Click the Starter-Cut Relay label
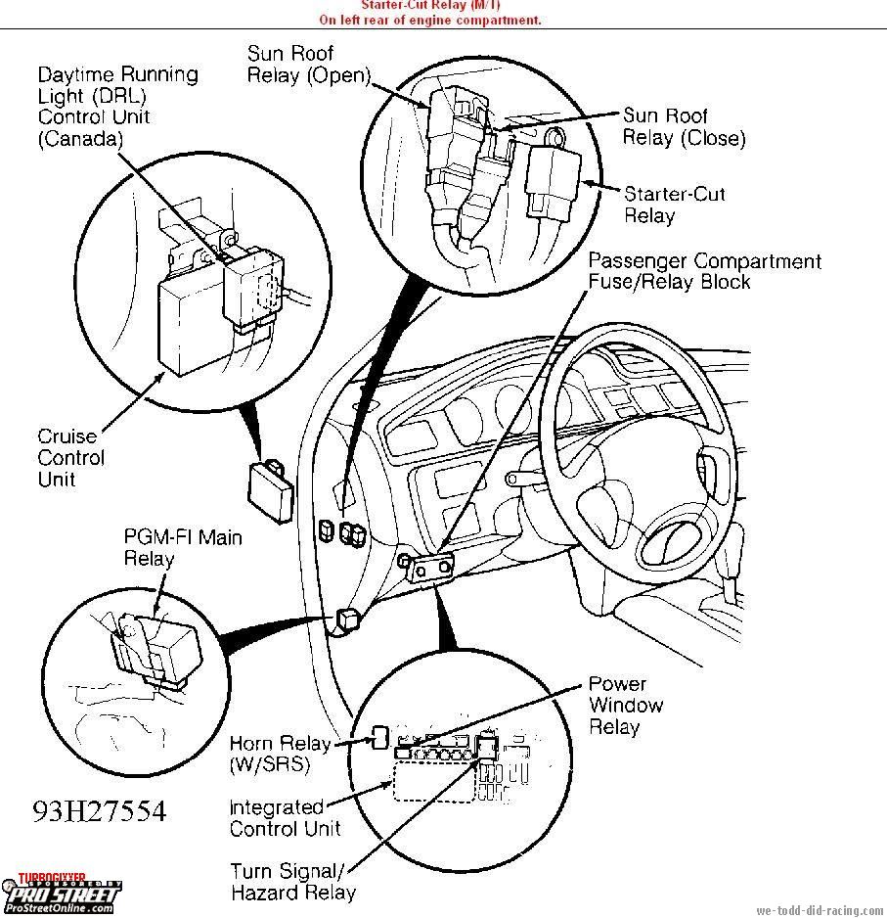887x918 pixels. tap(675, 205)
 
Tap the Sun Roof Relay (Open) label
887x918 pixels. tap(308, 65)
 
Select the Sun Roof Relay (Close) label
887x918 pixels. tap(684, 127)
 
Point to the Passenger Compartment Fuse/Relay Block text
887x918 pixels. tap(704, 271)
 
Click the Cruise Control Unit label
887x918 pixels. tap(70, 457)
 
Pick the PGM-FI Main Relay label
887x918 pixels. tap(182, 547)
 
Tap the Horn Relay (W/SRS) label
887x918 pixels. tap(280, 753)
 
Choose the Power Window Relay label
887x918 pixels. tap(626, 706)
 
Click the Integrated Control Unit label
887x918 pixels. tap(285, 818)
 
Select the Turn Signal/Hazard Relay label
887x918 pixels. tap(292, 881)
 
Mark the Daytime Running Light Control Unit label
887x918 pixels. tap(117, 107)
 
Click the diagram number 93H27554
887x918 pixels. tap(99, 811)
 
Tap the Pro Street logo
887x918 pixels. tap(61, 895)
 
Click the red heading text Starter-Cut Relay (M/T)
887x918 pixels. tap(429, 6)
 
